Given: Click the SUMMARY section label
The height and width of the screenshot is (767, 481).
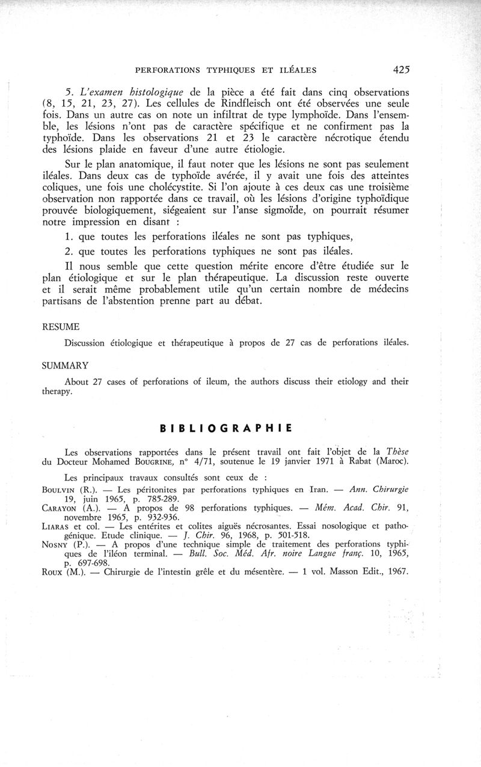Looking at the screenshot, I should pos(64,365).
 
